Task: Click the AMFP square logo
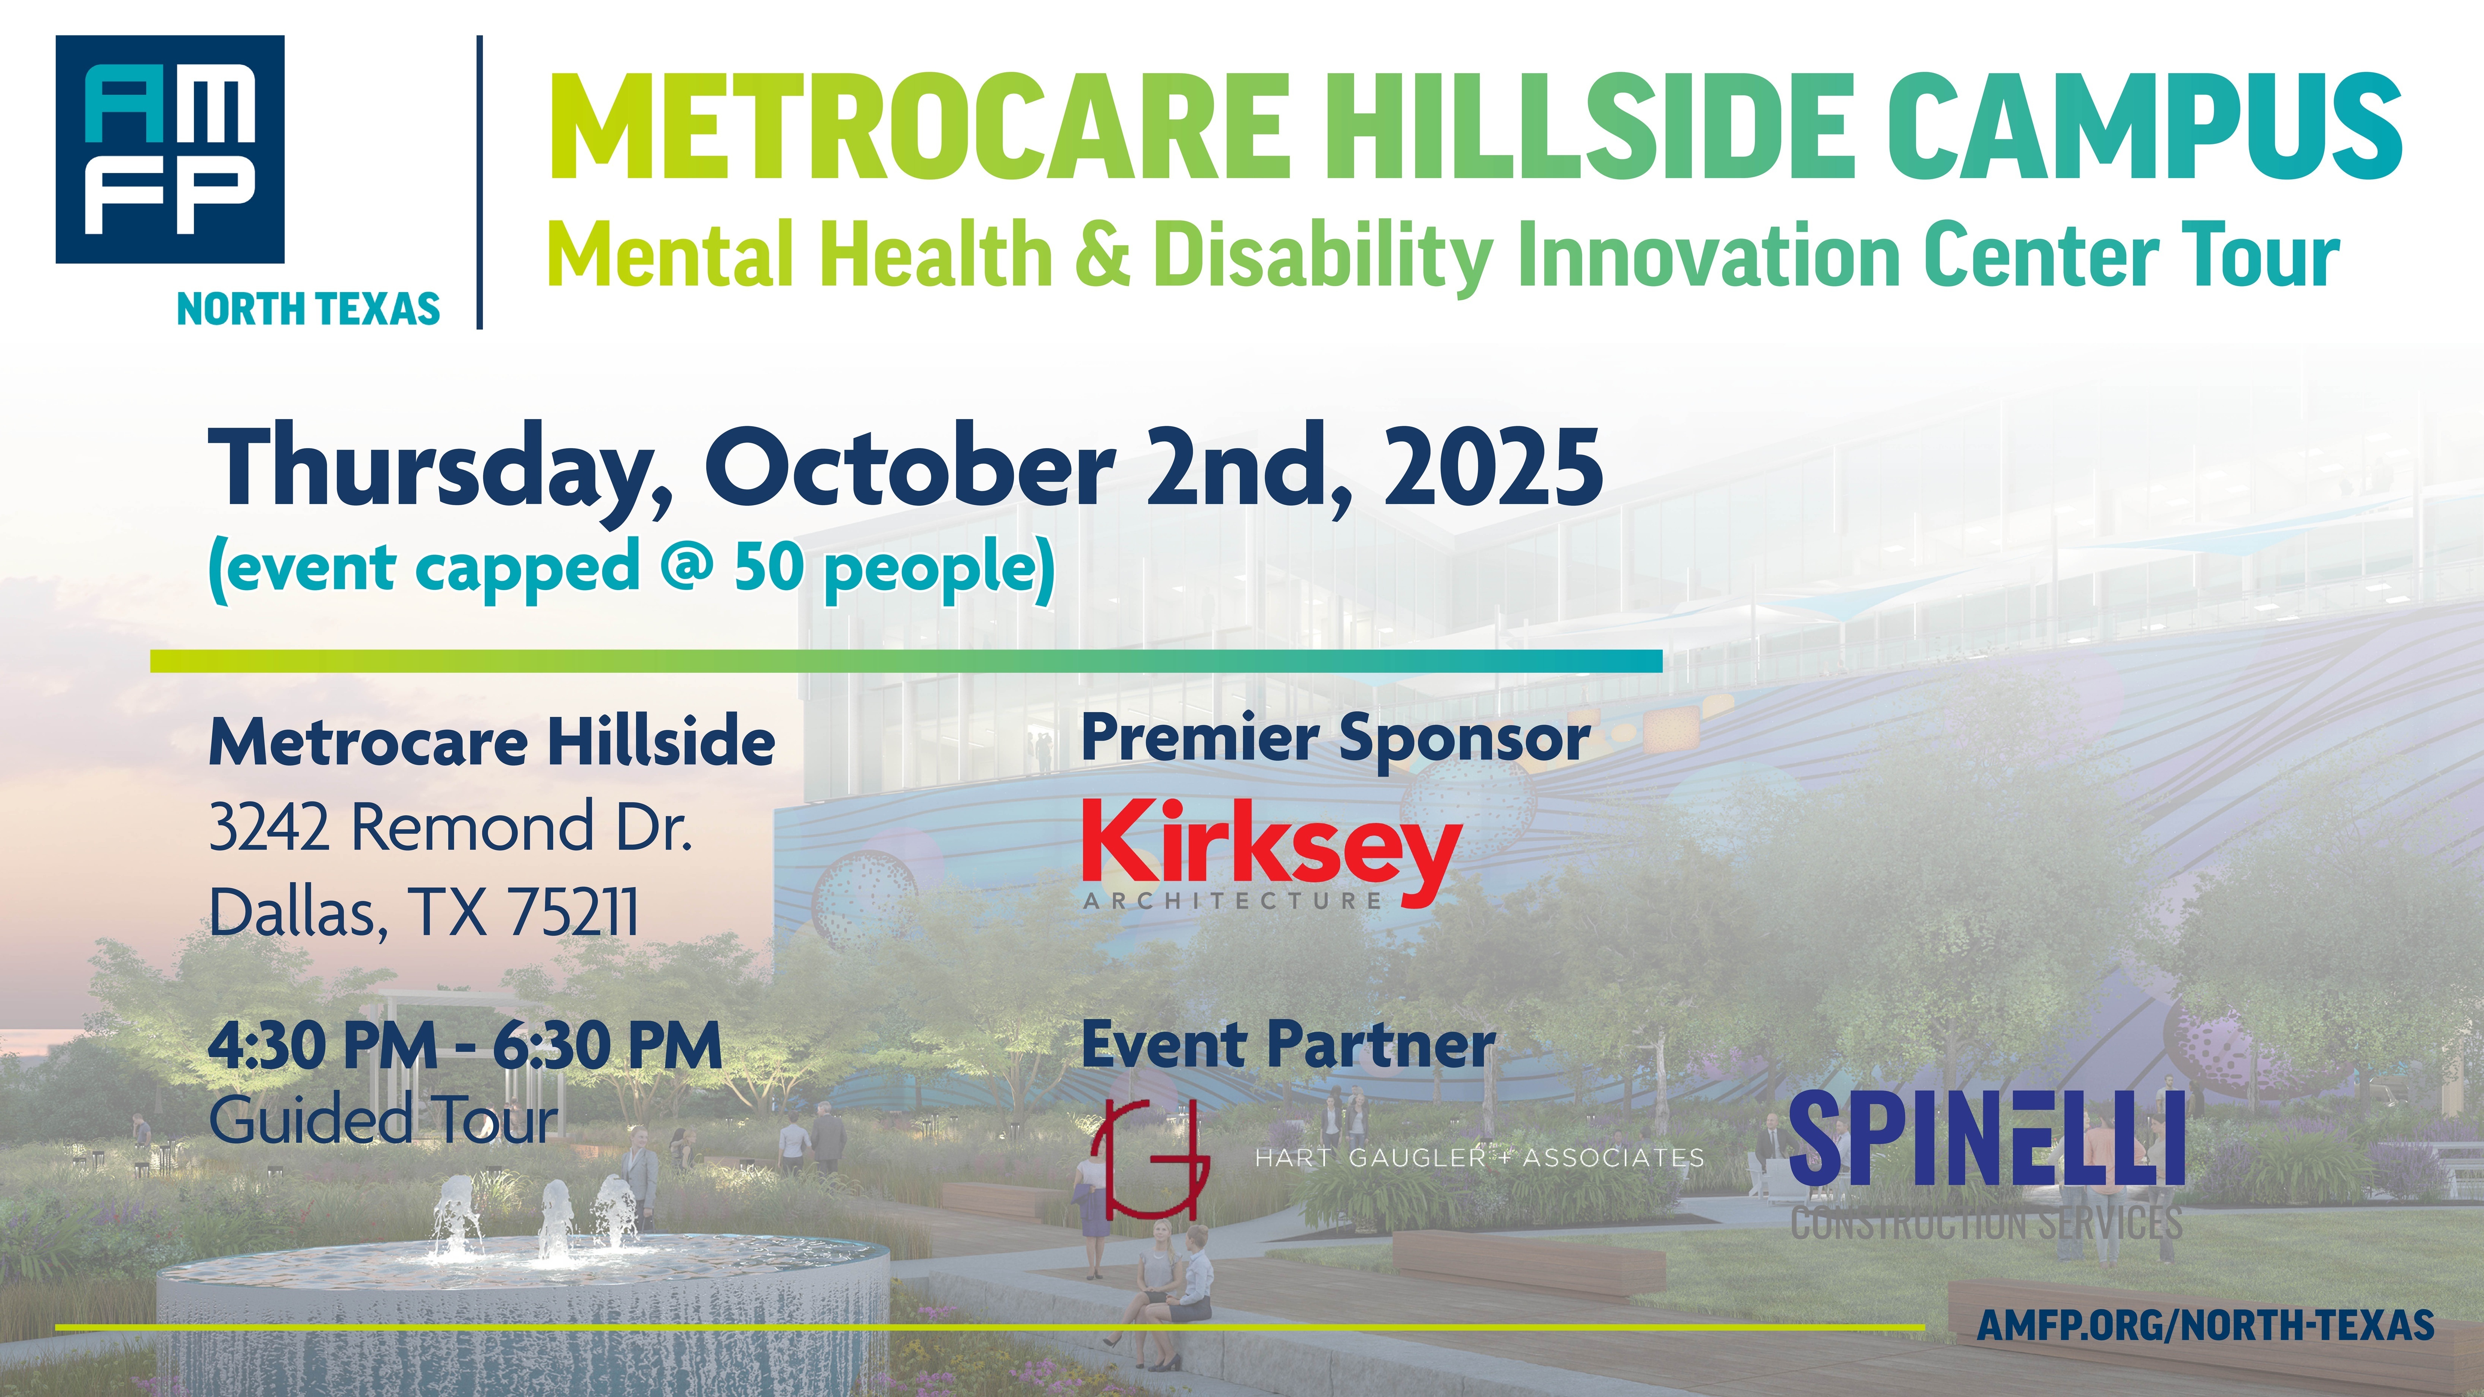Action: pos(170,149)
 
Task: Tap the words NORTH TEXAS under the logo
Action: pos(309,310)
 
